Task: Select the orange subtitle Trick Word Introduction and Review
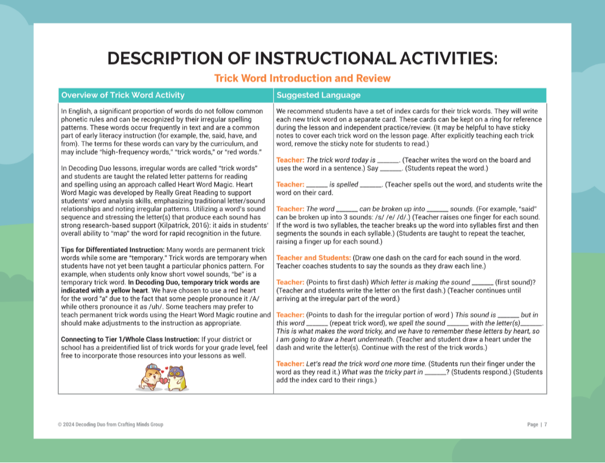[x=302, y=78]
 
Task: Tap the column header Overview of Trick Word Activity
[x=123, y=95]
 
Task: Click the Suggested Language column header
[x=318, y=95]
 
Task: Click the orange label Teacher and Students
[x=313, y=258]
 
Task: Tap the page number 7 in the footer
[x=546, y=425]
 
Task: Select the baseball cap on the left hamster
[x=145, y=368]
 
